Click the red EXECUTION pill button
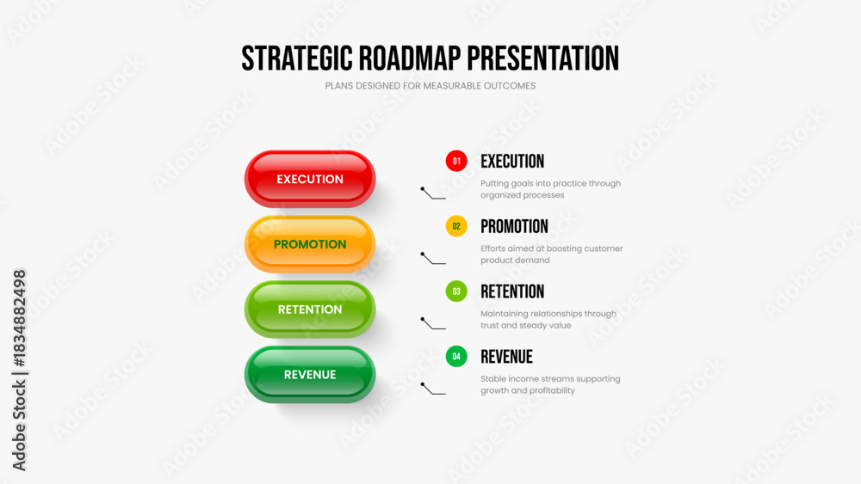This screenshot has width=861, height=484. pos(310,179)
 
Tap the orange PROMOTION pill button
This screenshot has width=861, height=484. pos(310,244)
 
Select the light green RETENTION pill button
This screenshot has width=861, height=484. pos(310,309)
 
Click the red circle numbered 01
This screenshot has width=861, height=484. pos(456,161)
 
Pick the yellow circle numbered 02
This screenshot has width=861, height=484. pos(456,226)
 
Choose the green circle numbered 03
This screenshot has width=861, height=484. pos(456,291)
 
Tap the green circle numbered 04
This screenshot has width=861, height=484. pos(456,356)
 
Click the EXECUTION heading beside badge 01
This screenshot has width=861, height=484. pos(512,161)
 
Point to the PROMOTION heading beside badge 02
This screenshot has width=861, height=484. pos(514,226)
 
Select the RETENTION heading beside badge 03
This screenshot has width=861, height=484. pos(512,291)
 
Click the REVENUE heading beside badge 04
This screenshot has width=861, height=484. pos(506,357)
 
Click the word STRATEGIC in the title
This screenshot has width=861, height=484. pos(296,58)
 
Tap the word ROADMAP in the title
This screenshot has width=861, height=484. pos(410,58)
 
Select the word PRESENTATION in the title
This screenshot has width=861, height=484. pos(543,58)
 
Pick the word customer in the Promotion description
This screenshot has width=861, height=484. pos(604,248)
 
